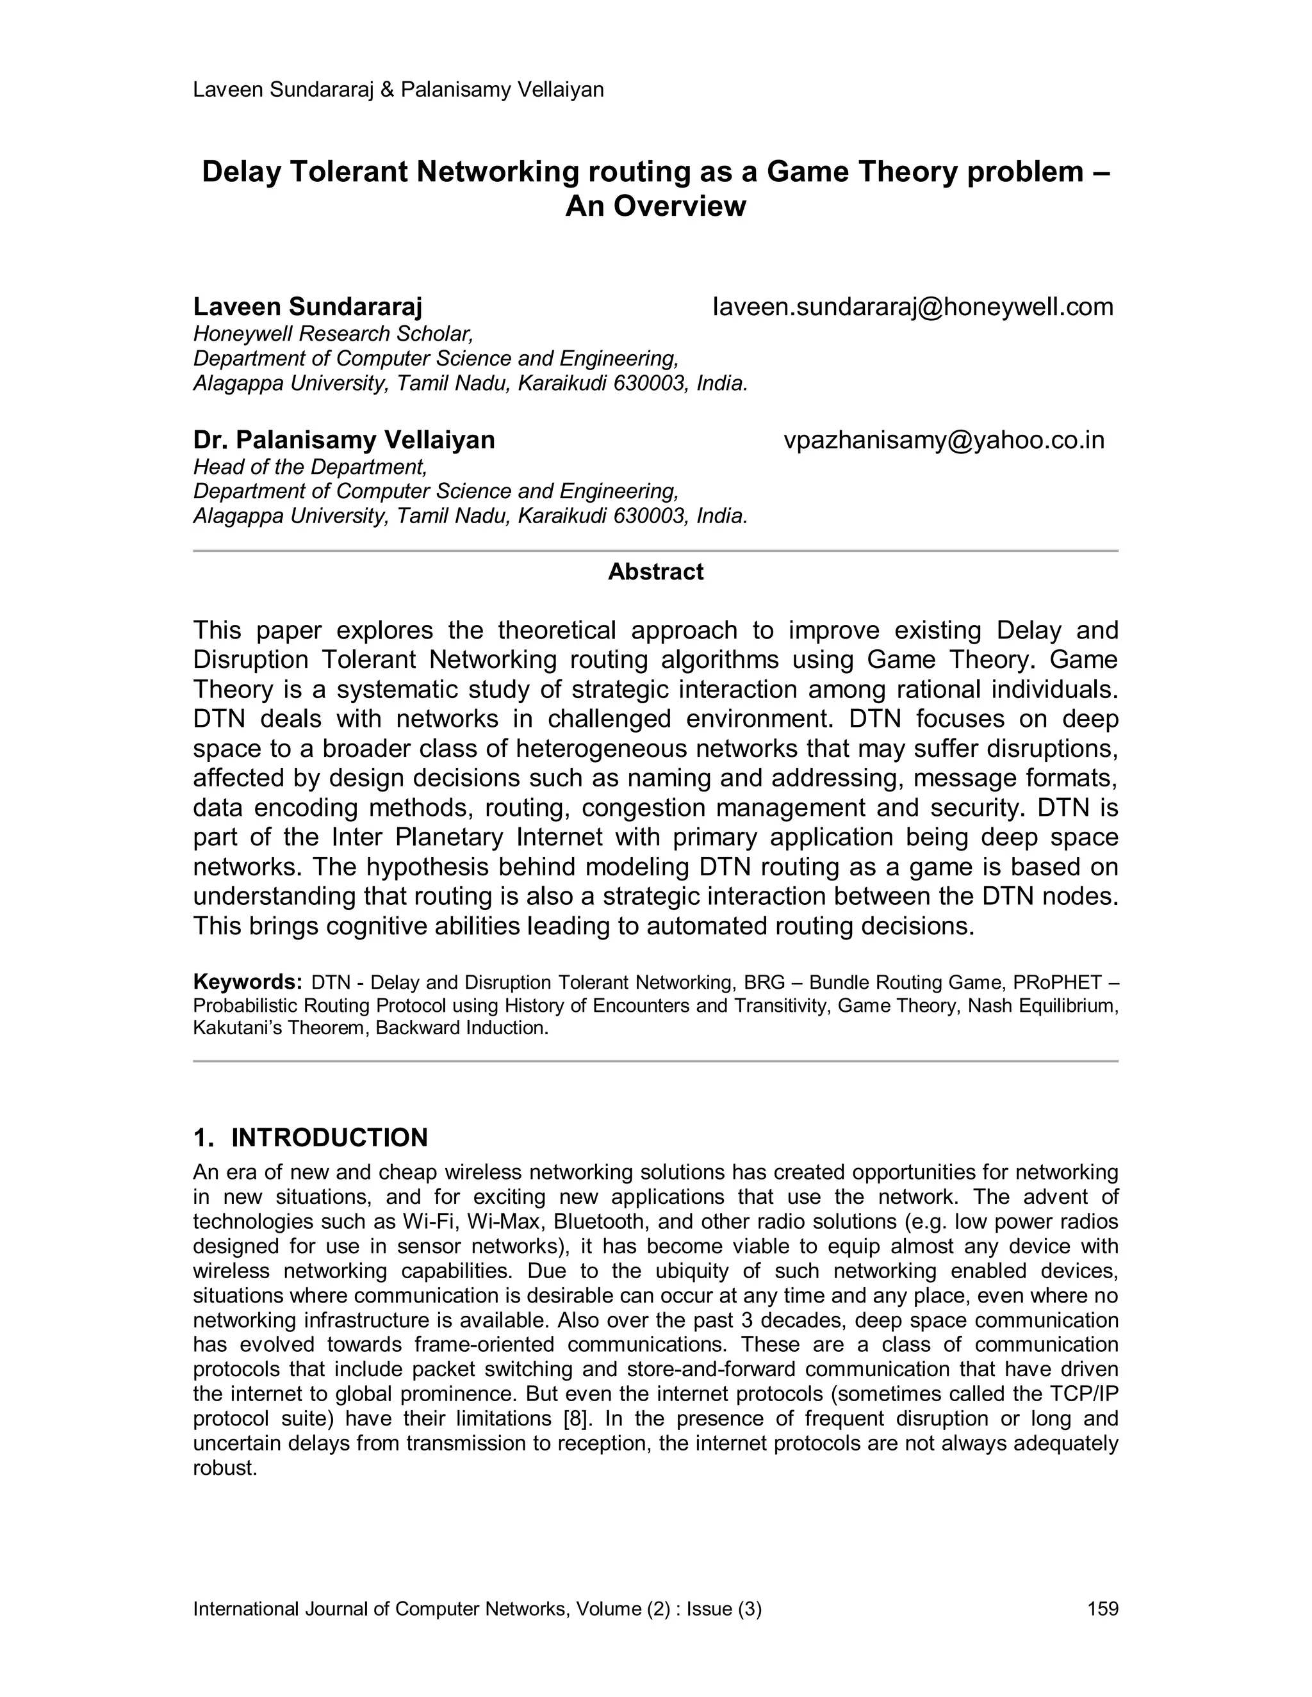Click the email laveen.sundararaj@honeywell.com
tap(912, 307)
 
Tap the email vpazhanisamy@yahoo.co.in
tap(944, 440)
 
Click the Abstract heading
tap(655, 572)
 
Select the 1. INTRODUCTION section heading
tap(310, 1137)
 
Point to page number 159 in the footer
tap(1102, 1609)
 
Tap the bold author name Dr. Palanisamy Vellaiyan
tap(343, 440)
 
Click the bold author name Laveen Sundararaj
tap(307, 307)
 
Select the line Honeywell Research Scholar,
tap(332, 334)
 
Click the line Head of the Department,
tap(310, 467)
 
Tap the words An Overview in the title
tap(655, 206)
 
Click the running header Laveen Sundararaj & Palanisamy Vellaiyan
tap(398, 90)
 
